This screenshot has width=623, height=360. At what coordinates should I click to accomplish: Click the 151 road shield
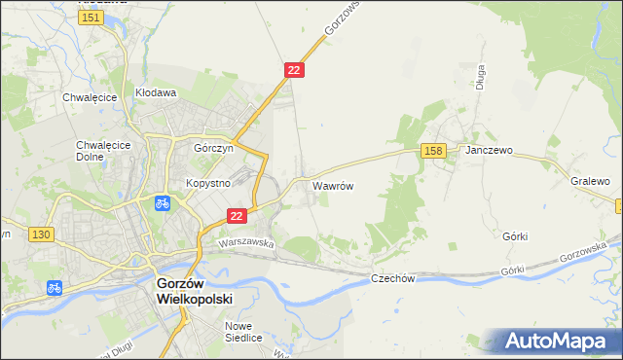(92, 18)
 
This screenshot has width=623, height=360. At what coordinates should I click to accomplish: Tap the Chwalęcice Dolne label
(97, 152)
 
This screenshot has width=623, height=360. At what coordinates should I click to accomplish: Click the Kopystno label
(207, 183)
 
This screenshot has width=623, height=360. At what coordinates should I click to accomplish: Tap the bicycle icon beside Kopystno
(163, 203)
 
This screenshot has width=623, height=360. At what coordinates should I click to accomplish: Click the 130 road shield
(40, 234)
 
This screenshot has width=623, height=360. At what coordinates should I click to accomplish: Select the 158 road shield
(434, 150)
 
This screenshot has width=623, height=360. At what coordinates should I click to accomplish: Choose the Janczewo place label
(489, 152)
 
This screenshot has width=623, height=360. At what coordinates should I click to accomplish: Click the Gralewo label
(590, 182)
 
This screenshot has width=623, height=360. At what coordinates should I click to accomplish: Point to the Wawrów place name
(332, 184)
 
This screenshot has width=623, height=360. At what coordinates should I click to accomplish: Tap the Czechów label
(393, 278)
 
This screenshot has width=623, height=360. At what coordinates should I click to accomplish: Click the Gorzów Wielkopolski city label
(195, 289)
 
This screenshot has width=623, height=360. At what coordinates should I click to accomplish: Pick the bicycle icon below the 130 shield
(55, 287)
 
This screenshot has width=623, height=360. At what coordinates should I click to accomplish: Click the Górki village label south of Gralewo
(515, 235)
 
